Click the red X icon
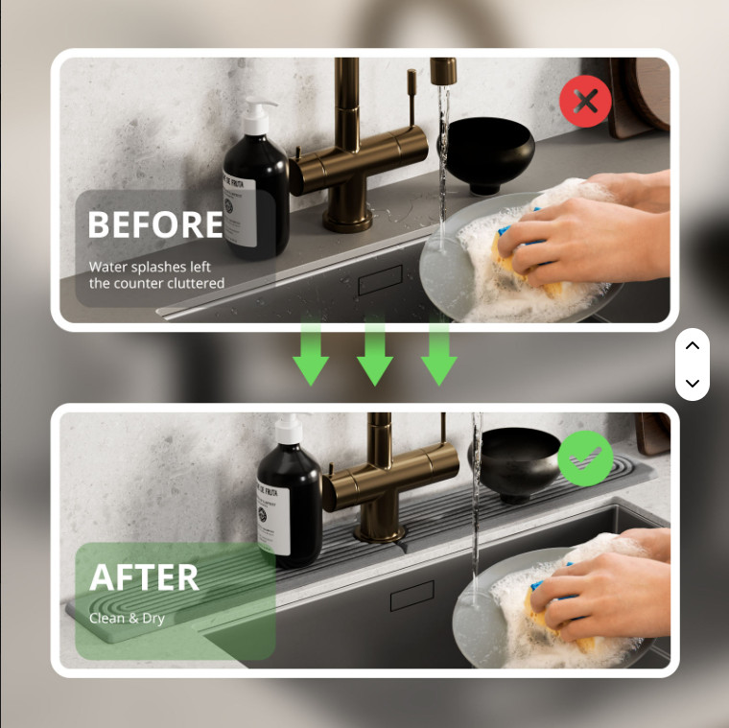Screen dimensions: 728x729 (x=585, y=101)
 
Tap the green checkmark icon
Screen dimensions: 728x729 (x=585, y=458)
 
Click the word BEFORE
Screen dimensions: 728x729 (x=155, y=225)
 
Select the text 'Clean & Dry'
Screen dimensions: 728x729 (x=127, y=619)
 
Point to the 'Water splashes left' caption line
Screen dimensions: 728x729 (x=150, y=267)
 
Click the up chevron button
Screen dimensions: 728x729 (x=692, y=346)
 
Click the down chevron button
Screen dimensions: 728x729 (x=692, y=383)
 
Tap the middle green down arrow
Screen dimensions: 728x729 (x=375, y=353)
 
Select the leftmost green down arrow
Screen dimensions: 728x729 (x=310, y=353)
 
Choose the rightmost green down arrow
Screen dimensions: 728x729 (x=439, y=353)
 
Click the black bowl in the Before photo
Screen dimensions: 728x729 (x=489, y=153)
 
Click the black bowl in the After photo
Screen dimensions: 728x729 (x=518, y=460)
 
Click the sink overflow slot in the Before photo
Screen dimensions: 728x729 (x=380, y=285)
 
